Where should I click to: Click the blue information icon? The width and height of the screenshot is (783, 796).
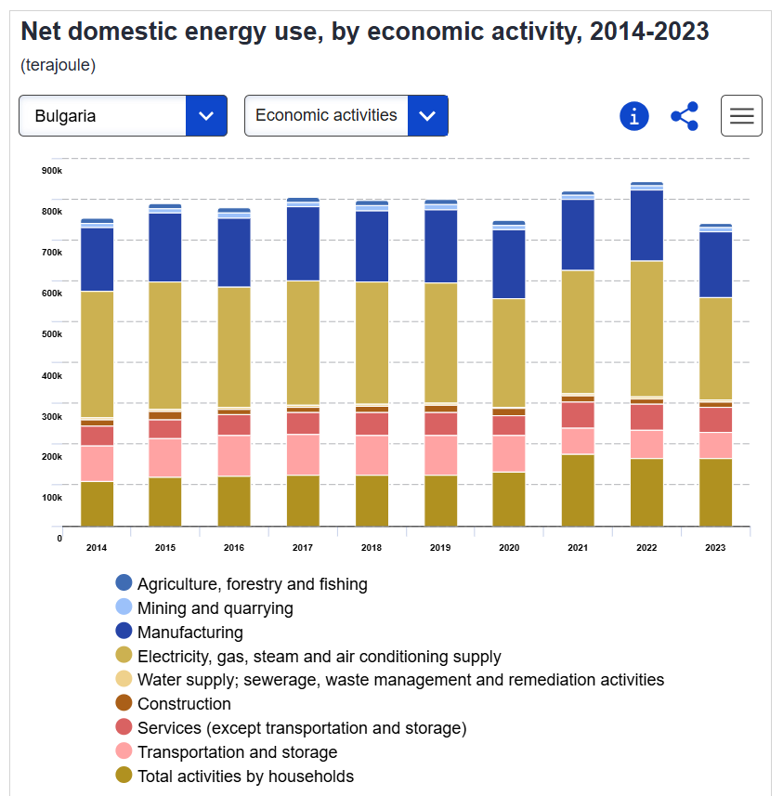[633, 116]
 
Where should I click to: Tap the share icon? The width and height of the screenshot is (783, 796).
[685, 116]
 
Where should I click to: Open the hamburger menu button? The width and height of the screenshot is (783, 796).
[741, 116]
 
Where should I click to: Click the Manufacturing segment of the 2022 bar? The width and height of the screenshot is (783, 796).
[646, 225]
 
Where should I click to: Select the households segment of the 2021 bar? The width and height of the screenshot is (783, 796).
[578, 490]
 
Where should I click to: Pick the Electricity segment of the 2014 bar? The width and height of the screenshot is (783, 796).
[97, 354]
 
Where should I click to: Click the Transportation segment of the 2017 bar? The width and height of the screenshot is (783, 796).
[303, 454]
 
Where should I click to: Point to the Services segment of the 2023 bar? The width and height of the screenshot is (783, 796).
[715, 420]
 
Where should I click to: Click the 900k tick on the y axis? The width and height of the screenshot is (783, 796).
[52, 170]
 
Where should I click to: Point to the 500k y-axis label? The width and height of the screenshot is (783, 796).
[52, 333]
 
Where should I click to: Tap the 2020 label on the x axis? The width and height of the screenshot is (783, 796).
[509, 548]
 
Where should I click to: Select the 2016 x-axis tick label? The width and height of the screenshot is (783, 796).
[234, 548]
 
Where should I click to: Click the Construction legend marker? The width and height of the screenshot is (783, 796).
[124, 703]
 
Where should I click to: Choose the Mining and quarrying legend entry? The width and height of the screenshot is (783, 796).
[215, 608]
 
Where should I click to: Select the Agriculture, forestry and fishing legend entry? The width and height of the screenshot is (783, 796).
[252, 584]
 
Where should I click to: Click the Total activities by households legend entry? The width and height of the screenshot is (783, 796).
[245, 776]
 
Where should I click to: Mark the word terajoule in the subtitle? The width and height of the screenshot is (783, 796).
[59, 66]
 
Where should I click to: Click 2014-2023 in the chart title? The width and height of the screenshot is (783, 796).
[649, 32]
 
